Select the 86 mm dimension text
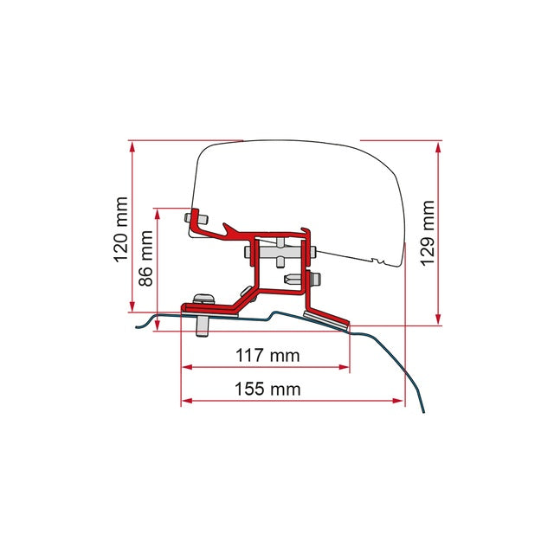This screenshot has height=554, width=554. tap(147, 258)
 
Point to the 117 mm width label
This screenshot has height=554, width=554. tap(267, 355)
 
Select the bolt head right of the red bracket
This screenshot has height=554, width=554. tap(317, 279)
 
